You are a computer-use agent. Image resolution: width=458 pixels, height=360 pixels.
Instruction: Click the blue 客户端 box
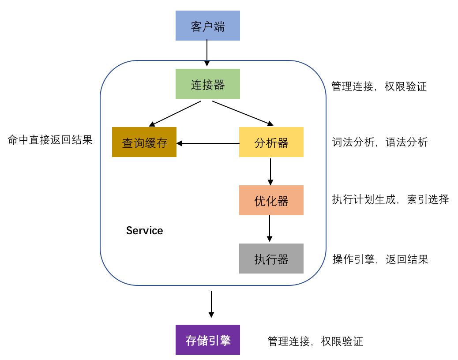point(208,26)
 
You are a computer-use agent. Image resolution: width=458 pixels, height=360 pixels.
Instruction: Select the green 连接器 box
point(208,84)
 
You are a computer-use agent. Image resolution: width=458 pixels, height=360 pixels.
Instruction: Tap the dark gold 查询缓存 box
point(144,142)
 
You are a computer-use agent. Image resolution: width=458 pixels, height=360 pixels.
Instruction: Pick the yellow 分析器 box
point(271,142)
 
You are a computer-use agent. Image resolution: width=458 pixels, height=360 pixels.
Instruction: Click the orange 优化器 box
point(271,200)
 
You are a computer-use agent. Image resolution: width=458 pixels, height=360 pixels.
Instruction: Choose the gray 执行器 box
point(271,259)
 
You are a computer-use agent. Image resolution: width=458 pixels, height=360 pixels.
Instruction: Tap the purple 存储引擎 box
point(208,340)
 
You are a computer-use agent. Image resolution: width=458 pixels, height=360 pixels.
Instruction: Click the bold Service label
point(144,231)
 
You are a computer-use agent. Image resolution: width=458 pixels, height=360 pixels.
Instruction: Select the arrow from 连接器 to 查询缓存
point(175,113)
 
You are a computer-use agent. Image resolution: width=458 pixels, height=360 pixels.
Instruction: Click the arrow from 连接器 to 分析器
point(242,113)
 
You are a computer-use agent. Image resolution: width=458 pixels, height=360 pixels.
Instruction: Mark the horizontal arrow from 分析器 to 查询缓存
point(208,143)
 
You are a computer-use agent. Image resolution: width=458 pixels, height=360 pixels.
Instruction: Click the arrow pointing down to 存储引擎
point(211,304)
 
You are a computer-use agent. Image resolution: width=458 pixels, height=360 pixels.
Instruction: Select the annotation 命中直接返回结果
point(50,140)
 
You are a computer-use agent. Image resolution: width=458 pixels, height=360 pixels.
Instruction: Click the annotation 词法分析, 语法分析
point(379,142)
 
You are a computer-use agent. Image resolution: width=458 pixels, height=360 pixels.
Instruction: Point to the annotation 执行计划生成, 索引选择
point(390,199)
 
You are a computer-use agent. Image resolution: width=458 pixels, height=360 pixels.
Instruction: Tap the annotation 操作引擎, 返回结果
point(380,259)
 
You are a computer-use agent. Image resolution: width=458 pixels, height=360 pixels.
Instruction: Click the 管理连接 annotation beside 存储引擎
point(315,341)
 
